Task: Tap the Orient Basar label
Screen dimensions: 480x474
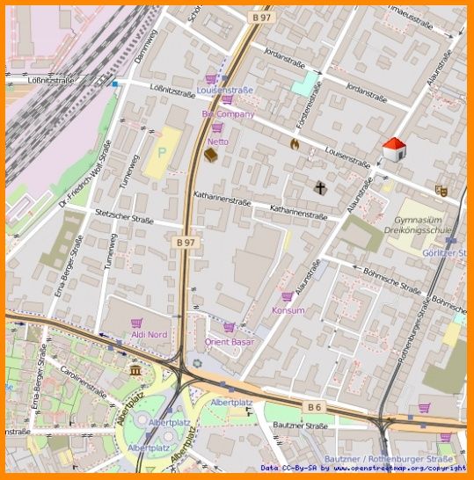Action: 229,341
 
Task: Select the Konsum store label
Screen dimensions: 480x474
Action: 288,310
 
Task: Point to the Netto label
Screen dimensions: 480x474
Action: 217,141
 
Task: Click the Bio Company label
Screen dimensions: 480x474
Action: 228,114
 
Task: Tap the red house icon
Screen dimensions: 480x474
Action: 394,149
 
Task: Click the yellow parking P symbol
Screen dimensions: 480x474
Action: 162,151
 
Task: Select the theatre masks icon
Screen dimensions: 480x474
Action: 441,189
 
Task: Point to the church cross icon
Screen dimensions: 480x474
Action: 320,187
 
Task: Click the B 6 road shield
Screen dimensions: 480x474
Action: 315,406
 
